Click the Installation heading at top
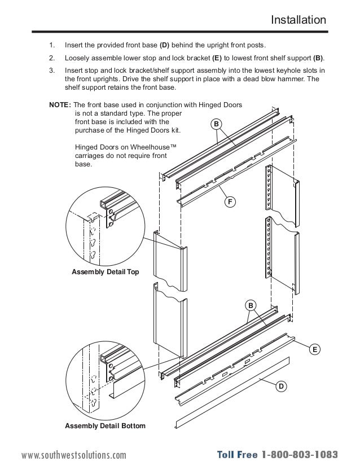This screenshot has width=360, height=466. click(298, 20)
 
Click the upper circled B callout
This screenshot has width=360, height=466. click(217, 124)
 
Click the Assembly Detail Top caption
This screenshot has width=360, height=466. click(105, 272)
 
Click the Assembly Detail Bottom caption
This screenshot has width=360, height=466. click(105, 425)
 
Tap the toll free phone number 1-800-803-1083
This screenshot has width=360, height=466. click(299, 455)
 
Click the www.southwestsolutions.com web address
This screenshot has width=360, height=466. click(74, 455)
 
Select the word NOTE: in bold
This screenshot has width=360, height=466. click(60, 105)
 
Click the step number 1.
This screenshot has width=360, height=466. click(51, 45)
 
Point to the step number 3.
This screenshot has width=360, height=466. click(51, 71)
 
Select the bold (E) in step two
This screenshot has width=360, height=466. click(217, 58)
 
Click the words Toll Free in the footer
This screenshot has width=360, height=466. click(236, 455)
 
